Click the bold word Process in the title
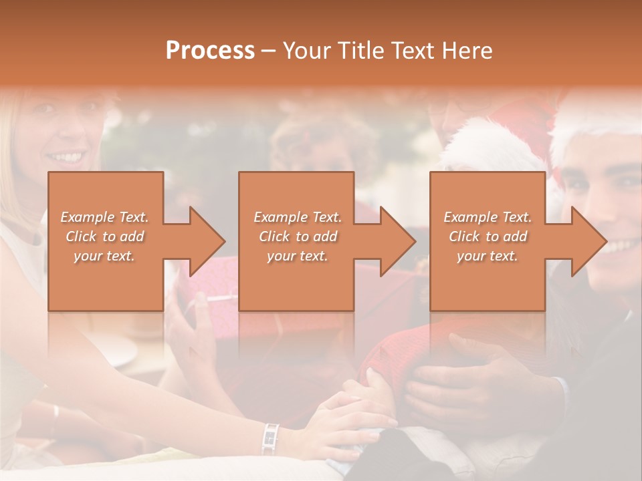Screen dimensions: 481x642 click(210, 50)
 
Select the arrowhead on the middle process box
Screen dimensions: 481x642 click(394, 241)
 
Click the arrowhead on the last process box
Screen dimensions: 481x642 click(585, 241)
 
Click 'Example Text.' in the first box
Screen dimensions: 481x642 click(104, 217)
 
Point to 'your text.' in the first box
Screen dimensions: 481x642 click(104, 256)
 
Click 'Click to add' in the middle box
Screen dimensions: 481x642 click(297, 236)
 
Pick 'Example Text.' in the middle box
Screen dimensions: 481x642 click(297, 217)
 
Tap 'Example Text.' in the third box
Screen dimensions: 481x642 click(488, 217)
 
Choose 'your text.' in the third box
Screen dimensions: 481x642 click(488, 256)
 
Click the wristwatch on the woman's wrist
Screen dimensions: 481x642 click(270, 438)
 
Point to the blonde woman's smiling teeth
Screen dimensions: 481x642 click(66, 158)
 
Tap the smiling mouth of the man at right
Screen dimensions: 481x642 click(619, 246)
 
